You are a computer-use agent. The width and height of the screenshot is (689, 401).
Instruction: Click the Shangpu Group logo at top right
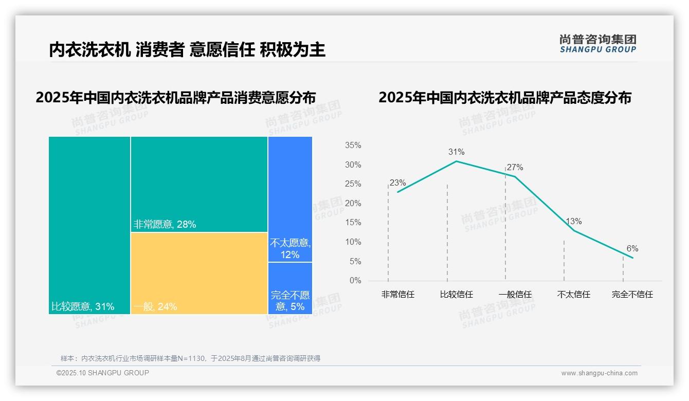click(597, 44)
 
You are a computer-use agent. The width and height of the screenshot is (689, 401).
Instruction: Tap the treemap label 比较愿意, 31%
click(83, 307)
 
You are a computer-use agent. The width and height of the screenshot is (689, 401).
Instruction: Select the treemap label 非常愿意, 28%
click(165, 225)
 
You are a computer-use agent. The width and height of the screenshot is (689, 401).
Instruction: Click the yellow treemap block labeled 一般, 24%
click(199, 272)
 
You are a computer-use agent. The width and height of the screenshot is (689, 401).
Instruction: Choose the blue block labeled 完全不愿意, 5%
click(290, 288)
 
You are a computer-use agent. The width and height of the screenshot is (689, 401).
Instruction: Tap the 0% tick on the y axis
click(355, 281)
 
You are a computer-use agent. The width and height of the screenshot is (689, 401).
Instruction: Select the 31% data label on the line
click(456, 152)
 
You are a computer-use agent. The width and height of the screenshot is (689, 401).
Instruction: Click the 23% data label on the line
click(397, 183)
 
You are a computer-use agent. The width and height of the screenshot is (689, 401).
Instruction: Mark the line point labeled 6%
click(632, 258)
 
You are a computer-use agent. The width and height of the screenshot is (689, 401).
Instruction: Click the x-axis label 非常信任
click(397, 295)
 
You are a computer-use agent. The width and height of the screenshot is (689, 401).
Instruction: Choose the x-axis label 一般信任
click(515, 295)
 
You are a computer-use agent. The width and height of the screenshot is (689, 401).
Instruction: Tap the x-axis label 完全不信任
click(632, 295)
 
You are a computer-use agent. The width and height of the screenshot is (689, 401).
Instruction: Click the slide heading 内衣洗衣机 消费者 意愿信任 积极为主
click(187, 50)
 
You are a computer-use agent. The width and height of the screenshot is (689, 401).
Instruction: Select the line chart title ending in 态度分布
click(504, 98)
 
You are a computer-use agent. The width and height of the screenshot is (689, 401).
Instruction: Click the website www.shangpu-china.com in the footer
click(599, 373)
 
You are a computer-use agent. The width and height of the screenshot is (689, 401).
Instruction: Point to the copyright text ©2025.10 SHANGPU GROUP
click(102, 373)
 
